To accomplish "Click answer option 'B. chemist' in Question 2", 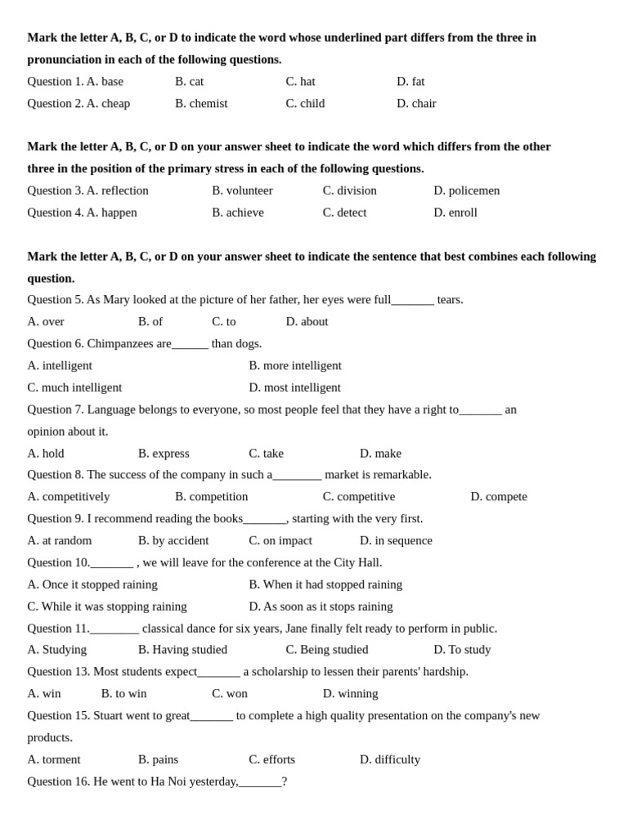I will [x=201, y=103].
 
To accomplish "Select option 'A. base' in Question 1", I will [x=105, y=81].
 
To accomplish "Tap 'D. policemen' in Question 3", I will [x=466, y=190].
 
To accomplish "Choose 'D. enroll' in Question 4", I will [x=455, y=213].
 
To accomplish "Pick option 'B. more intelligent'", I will [x=295, y=365].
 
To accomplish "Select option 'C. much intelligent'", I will [x=74, y=387].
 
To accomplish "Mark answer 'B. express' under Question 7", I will [x=164, y=454].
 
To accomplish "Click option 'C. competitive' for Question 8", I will [x=358, y=496].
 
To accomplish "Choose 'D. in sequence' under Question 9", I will [x=396, y=540].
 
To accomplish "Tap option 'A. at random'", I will [x=60, y=540].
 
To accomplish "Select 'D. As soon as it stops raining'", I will [x=321, y=606].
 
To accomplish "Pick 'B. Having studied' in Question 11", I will [x=182, y=650].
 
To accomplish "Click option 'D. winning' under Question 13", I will [x=350, y=693].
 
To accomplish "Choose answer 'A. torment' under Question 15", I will [x=54, y=759].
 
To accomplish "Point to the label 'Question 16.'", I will [x=59, y=781].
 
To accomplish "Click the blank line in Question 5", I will [x=412, y=301].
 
